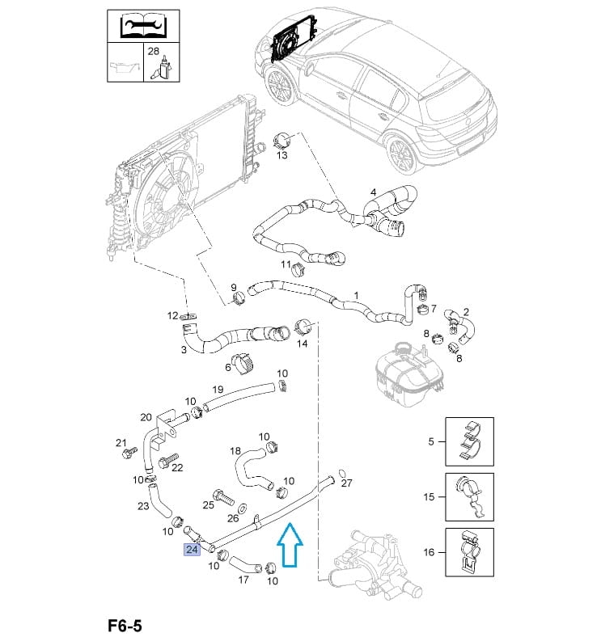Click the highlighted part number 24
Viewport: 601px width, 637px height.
(x=192, y=550)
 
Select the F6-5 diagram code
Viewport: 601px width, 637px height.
(x=125, y=625)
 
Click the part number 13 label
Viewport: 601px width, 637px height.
(x=282, y=155)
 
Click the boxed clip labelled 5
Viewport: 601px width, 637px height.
(x=469, y=441)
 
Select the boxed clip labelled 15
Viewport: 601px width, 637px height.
(x=469, y=496)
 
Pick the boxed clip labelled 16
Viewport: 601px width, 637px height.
(x=469, y=552)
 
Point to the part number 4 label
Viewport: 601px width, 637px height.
(x=374, y=192)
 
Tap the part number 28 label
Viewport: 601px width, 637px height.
(x=153, y=50)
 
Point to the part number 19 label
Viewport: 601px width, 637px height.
(x=218, y=390)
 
